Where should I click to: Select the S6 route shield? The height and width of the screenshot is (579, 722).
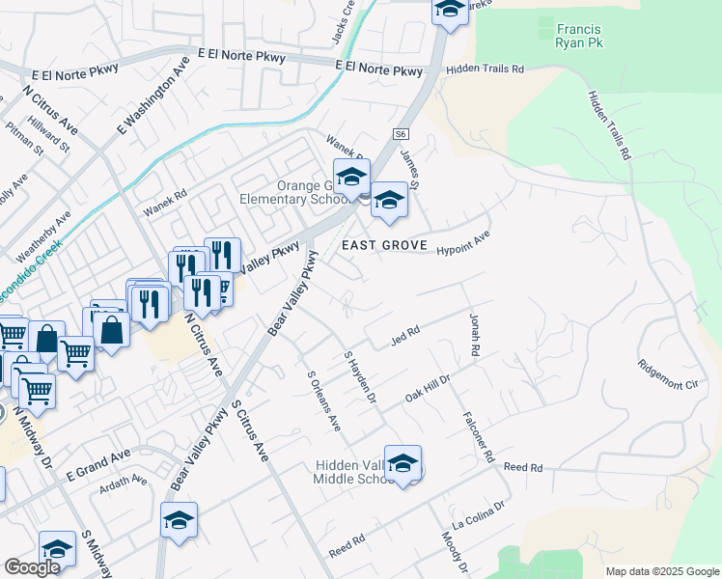tap(402, 135)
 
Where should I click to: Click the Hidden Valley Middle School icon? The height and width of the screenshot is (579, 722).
tap(403, 462)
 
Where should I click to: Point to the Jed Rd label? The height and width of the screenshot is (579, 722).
tap(404, 334)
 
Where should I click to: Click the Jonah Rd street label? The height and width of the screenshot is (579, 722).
tap(474, 336)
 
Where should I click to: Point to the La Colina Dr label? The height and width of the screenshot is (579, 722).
tap(486, 508)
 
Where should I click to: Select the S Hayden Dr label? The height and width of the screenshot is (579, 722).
tap(359, 376)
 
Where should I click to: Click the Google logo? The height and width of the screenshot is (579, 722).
tap(32, 566)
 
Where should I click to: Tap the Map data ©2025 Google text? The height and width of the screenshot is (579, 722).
tap(661, 571)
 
